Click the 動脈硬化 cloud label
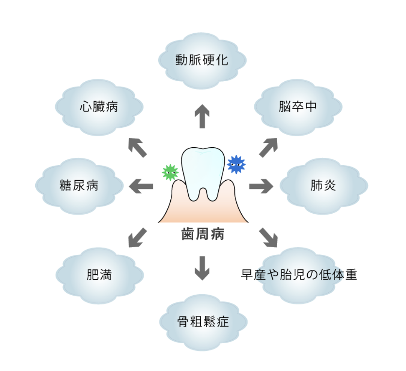pyautogui.click(x=202, y=60)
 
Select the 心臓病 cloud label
pyautogui.click(x=99, y=107)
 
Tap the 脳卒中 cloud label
pyautogui.click(x=298, y=107)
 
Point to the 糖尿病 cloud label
pyautogui.click(x=79, y=185)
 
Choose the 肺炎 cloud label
pyautogui.click(x=323, y=185)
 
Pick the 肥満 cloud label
pyautogui.click(x=99, y=275)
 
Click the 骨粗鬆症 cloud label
pyautogui.click(x=203, y=322)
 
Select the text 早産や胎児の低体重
pyautogui.click(x=298, y=275)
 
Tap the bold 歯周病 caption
pyautogui.click(x=203, y=234)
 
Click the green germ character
pyautogui.click(x=170, y=172)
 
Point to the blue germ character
pyautogui.click(x=236, y=164)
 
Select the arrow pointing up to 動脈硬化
pyautogui.click(x=202, y=116)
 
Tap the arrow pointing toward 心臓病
pyautogui.click(x=137, y=147)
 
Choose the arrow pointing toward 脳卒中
pyautogui.click(x=268, y=147)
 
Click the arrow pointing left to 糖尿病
pyautogui.click(x=141, y=186)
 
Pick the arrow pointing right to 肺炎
pyautogui.click(x=261, y=186)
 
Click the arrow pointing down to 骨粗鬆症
pyautogui.click(x=202, y=268)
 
